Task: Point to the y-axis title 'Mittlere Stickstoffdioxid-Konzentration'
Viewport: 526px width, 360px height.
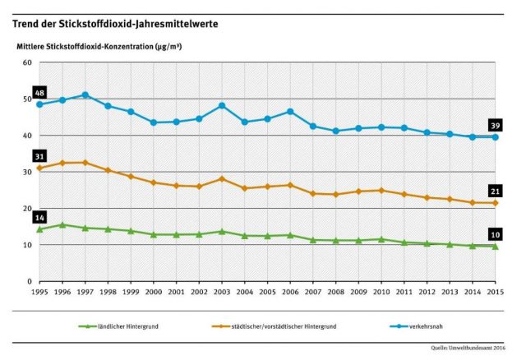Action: [99, 46]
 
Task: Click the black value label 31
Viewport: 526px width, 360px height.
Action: [39, 155]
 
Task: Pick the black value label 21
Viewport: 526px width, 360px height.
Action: [495, 190]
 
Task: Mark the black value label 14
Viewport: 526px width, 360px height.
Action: [39, 217]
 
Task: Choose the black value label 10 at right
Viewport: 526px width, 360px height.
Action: [495, 233]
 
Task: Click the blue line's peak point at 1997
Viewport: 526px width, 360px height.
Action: [85, 95]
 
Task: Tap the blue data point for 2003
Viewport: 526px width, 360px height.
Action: [222, 106]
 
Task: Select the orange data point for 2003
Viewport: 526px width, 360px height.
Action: [222, 179]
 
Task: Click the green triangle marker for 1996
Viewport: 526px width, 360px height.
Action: [62, 224]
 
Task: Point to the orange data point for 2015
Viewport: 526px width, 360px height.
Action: [495, 203]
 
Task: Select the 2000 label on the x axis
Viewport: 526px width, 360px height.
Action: [154, 292]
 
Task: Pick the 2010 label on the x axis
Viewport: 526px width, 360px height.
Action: [381, 292]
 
